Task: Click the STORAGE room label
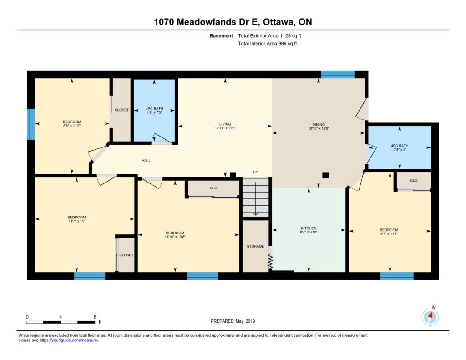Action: pos(255,246)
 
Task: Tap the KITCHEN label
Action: pos(309,228)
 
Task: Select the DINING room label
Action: pos(319,125)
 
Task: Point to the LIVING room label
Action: pos(225,124)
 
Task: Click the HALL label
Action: pos(146,161)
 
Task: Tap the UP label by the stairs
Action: pos(255,172)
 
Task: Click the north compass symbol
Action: pos(430,317)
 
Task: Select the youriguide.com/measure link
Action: pos(69,340)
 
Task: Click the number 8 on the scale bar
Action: pos(95,317)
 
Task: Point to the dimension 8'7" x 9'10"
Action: pos(309,232)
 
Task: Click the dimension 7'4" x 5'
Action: pos(400,150)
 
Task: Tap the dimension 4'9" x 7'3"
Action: pos(154,113)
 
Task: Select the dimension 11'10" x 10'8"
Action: pos(175,237)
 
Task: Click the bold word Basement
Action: pos(221,36)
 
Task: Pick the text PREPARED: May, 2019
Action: pos(233,321)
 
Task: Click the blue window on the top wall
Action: pos(338,74)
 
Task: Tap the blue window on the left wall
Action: pos(31,124)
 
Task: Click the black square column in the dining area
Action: pos(325,175)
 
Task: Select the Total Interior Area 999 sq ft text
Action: pos(267,43)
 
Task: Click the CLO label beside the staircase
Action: pos(213,188)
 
